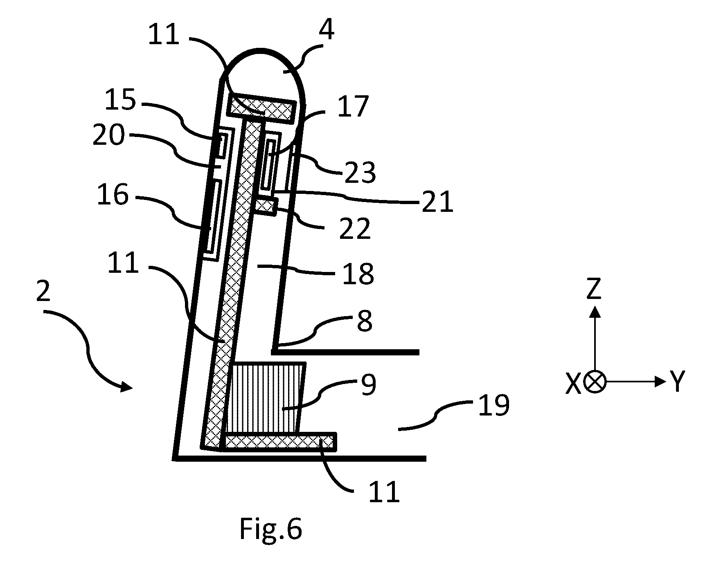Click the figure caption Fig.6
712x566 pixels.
click(x=270, y=529)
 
